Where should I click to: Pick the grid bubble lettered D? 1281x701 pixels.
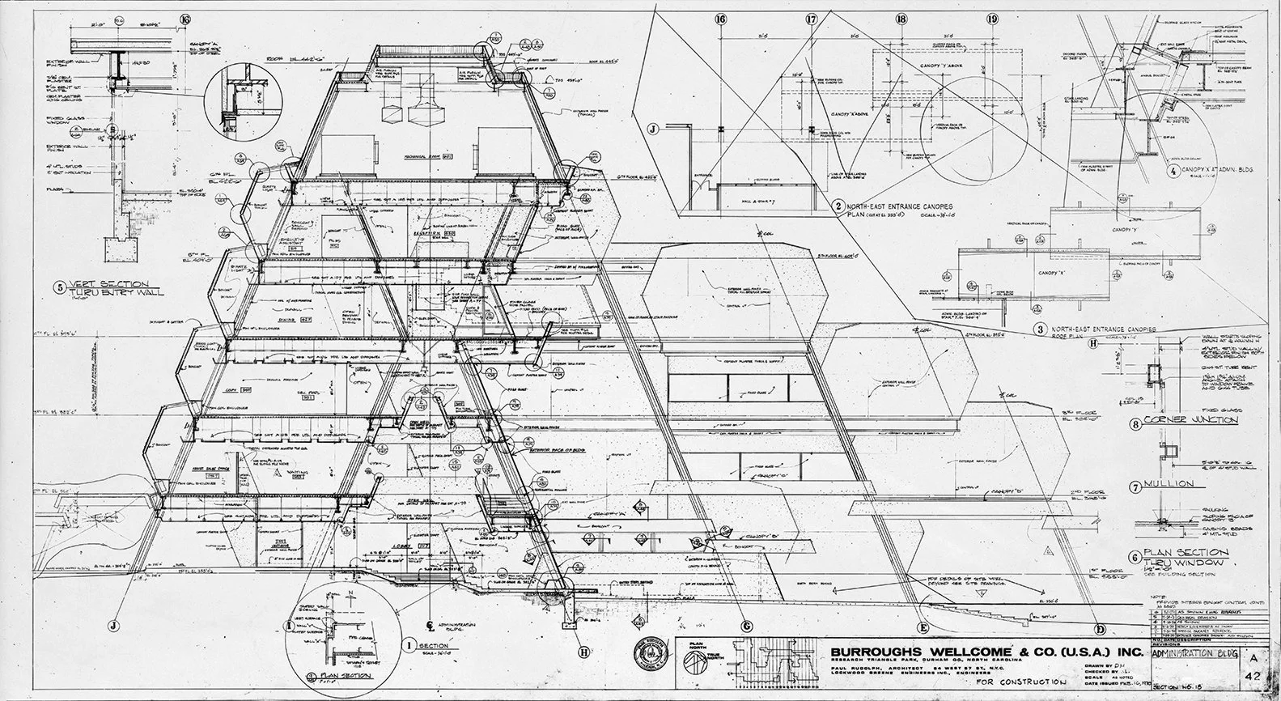[x=1099, y=629]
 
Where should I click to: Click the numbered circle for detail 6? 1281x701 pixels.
[x=1136, y=557]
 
